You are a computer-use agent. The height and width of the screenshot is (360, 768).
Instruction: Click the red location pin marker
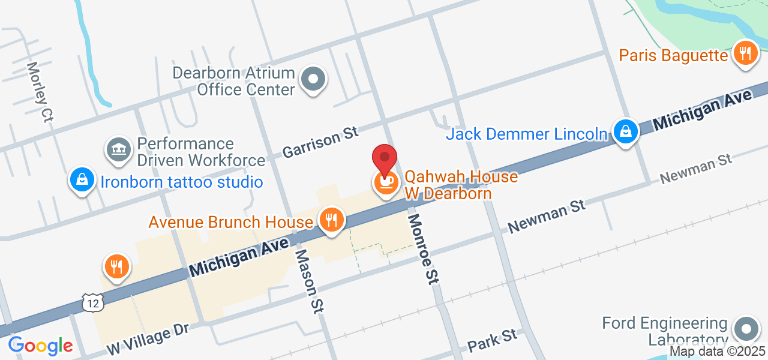(385, 158)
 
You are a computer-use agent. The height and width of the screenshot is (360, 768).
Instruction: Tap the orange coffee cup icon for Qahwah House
(385, 182)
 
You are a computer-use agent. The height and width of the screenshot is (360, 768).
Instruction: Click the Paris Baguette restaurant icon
(745, 54)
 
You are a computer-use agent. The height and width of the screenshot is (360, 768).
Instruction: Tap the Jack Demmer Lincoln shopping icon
(625, 131)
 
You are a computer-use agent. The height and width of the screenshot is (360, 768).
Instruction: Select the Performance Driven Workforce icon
(119, 150)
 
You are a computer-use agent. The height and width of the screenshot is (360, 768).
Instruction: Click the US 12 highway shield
(93, 303)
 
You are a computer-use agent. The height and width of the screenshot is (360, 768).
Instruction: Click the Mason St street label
(308, 281)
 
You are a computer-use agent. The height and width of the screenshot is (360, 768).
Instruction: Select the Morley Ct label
(40, 92)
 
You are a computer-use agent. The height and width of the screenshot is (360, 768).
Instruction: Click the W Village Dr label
(148, 339)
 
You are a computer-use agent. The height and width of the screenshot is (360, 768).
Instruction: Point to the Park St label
(492, 340)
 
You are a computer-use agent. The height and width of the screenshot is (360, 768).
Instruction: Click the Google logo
(40, 346)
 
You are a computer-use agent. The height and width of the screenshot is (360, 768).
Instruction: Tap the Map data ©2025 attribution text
(718, 351)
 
